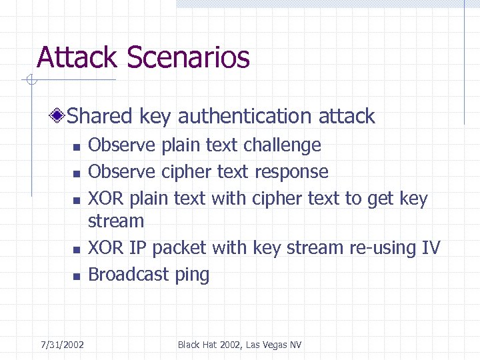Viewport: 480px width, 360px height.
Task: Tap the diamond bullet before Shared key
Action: tap(59, 117)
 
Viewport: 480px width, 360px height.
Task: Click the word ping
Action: tap(192, 275)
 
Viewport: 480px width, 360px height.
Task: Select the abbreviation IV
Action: tap(431, 247)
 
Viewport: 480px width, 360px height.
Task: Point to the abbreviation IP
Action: tap(137, 248)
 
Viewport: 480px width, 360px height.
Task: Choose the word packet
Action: tap(179, 248)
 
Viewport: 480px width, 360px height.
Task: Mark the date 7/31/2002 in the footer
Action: tap(62, 345)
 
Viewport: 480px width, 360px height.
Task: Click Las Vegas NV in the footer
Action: tap(273, 345)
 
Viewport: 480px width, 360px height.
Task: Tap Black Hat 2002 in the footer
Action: tap(210, 345)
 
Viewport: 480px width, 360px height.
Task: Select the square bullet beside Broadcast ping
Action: tap(76, 276)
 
